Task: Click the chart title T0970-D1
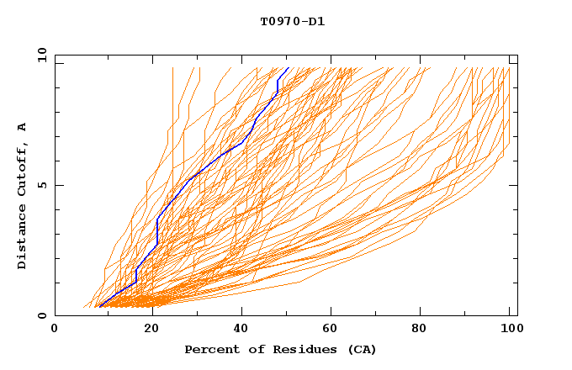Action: point(292,21)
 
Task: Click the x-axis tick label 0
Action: point(55,330)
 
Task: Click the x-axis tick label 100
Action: point(509,330)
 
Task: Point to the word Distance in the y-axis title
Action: point(23,240)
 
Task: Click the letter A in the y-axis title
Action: point(23,126)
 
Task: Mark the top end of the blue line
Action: point(289,68)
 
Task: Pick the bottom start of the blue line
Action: point(98,307)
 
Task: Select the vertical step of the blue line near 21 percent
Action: point(157,231)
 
